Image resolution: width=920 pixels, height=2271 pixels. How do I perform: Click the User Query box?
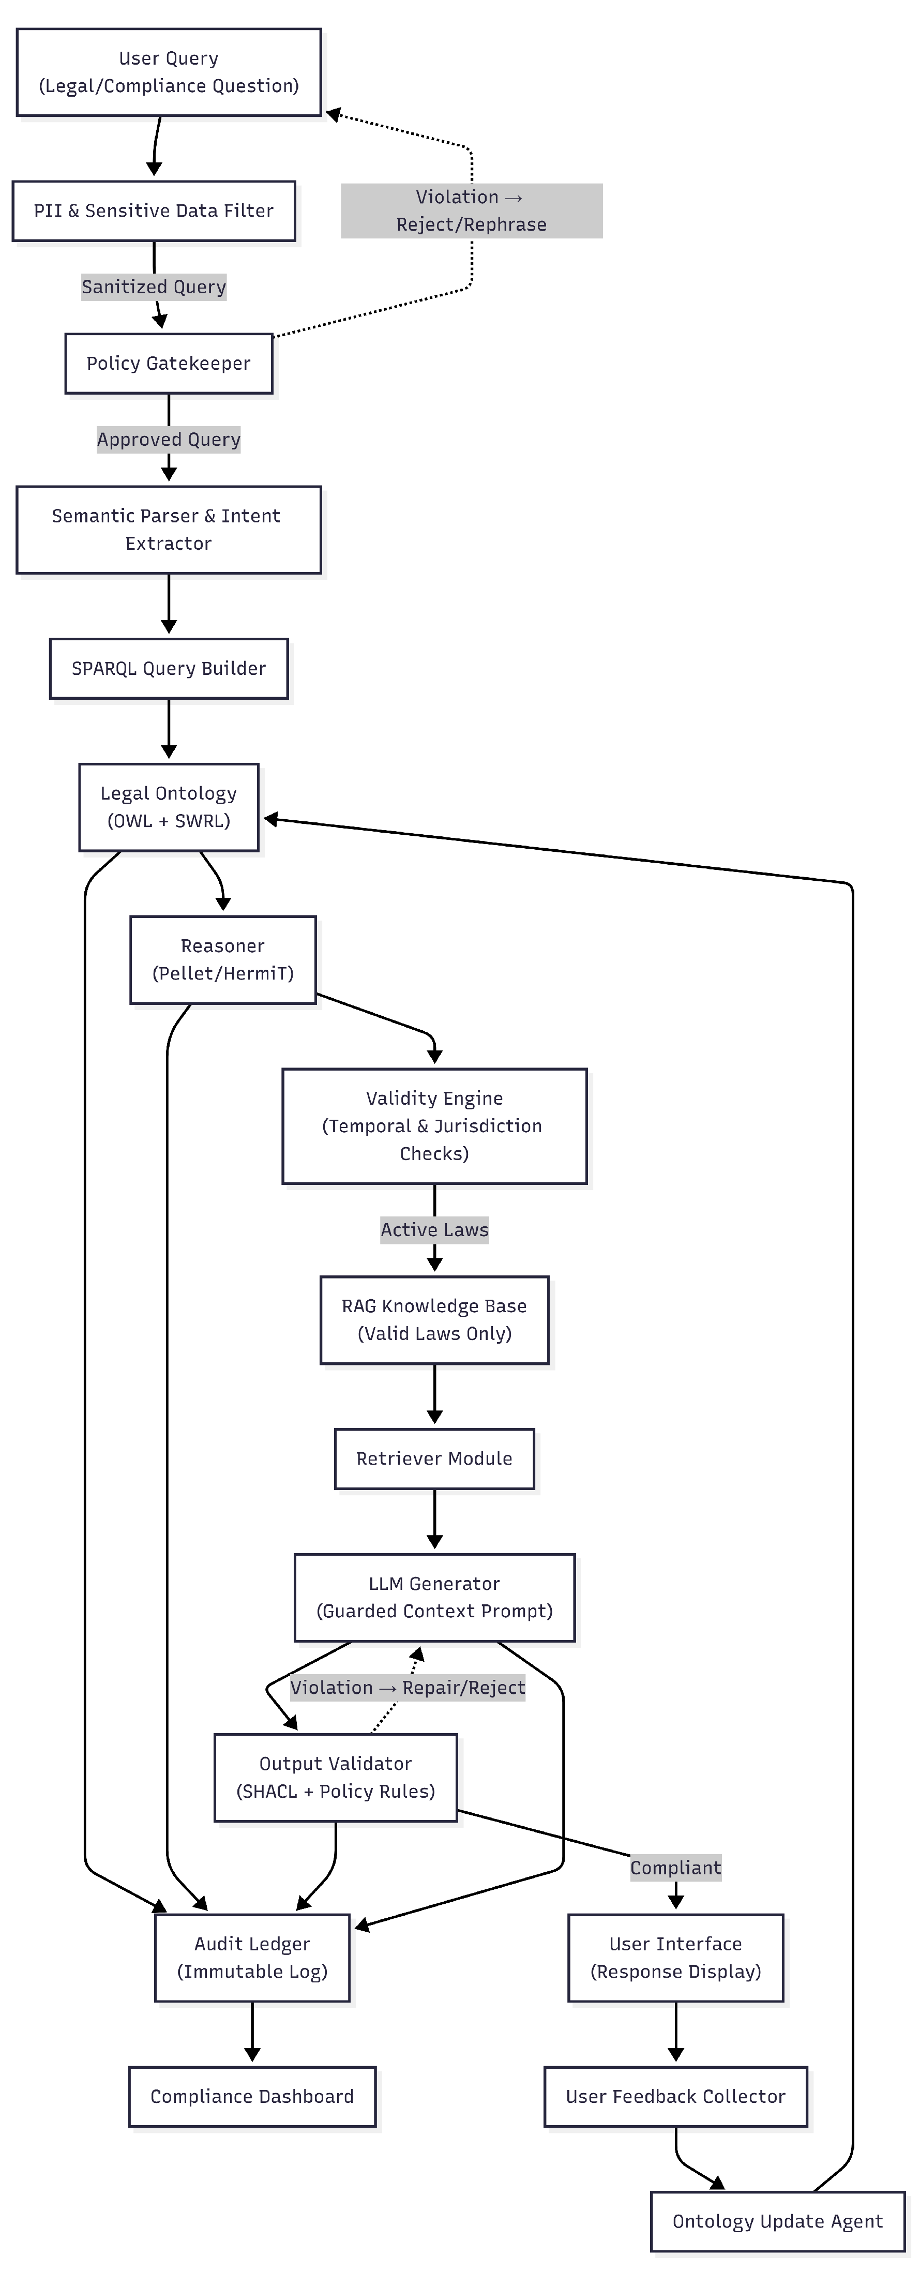pyautogui.click(x=168, y=72)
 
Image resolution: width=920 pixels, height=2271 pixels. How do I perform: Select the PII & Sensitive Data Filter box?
pyautogui.click(x=153, y=210)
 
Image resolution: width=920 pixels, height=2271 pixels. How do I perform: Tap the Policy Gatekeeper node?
pyautogui.click(x=168, y=363)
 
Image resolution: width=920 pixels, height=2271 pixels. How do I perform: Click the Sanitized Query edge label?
pyautogui.click(x=154, y=287)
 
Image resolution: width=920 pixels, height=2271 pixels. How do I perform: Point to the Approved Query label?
pyautogui.click(x=168, y=439)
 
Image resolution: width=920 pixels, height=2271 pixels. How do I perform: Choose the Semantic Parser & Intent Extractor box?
pyautogui.click(x=168, y=530)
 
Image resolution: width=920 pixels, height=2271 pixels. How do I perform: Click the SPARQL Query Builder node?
pyautogui.click(x=168, y=668)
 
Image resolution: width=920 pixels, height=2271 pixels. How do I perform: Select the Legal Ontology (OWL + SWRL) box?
pyautogui.click(x=168, y=807)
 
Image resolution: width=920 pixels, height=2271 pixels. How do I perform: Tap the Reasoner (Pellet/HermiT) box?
pyautogui.click(x=223, y=959)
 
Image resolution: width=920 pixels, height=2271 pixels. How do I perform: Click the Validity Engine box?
pyautogui.click(x=434, y=1126)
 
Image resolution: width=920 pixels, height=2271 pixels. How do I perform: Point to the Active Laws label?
pyautogui.click(x=434, y=1230)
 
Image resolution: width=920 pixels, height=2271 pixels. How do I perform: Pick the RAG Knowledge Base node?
pyautogui.click(x=434, y=1320)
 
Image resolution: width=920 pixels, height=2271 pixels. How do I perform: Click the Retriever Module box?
pyautogui.click(x=434, y=1458)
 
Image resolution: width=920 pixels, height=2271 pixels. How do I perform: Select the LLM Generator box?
pyautogui.click(x=434, y=1598)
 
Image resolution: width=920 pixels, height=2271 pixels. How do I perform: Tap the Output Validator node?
pyautogui.click(x=336, y=1777)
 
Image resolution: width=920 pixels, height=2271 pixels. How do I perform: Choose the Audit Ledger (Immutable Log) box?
pyautogui.click(x=252, y=1957)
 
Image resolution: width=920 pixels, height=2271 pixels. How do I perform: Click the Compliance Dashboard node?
pyautogui.click(x=252, y=2096)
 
